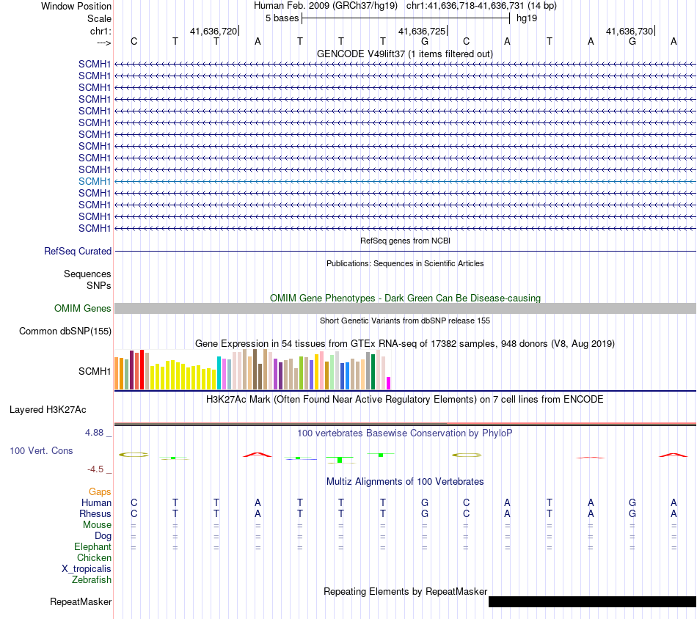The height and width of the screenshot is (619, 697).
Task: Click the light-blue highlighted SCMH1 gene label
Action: coord(95,181)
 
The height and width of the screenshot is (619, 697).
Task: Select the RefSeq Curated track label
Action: coord(78,251)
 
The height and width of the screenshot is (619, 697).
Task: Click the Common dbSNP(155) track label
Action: coord(65,332)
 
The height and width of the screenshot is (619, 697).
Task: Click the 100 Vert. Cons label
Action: coord(41,450)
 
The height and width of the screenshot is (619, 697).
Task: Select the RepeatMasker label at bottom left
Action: coord(81,602)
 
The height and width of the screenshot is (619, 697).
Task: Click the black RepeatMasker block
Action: coord(591,602)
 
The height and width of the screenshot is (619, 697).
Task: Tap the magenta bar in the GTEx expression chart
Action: coord(389,383)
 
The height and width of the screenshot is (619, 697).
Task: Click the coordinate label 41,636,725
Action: coord(421,32)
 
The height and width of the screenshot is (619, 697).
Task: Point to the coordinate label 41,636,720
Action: coord(214,32)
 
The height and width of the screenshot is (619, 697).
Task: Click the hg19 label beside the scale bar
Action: coord(526,18)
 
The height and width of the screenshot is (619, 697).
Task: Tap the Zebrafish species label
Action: coord(92,580)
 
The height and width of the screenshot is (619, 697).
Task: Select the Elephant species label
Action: coord(92,547)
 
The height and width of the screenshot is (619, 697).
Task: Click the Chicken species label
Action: coord(94,558)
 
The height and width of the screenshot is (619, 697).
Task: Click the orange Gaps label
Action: coord(100,491)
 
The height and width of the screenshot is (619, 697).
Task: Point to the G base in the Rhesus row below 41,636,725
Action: coord(425,514)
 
